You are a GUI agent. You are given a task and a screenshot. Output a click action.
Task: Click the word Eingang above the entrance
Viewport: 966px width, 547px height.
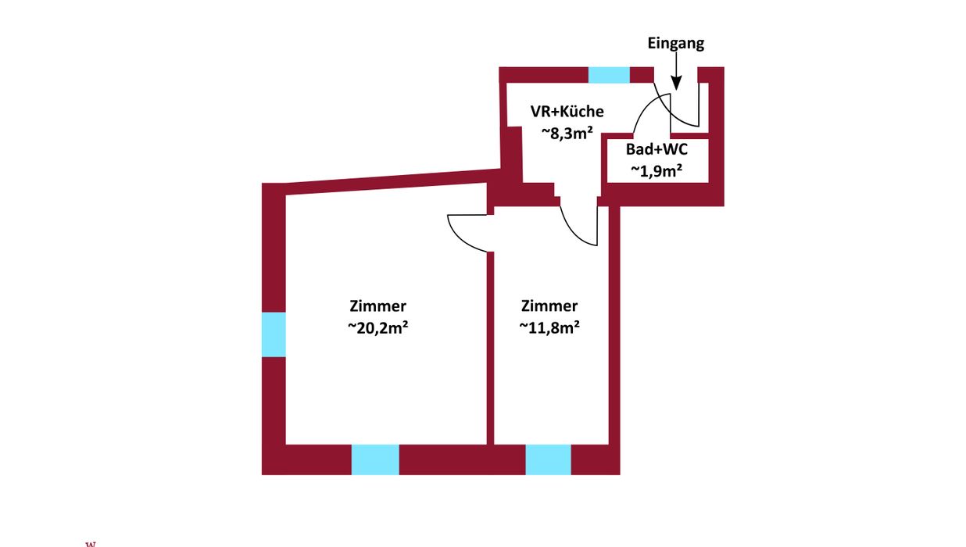[675, 44]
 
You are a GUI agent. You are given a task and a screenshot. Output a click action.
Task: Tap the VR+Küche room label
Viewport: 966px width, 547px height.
[567, 112]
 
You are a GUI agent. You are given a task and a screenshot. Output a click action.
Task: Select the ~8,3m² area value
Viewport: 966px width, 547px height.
[567, 133]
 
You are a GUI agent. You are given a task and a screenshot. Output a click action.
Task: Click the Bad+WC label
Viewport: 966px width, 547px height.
[657, 149]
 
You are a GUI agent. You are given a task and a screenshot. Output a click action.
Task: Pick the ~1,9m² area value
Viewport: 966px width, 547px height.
[657, 170]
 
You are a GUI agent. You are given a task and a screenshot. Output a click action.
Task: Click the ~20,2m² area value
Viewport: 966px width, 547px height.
[377, 329]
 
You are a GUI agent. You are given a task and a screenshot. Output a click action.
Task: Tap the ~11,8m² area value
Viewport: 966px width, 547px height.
[549, 329]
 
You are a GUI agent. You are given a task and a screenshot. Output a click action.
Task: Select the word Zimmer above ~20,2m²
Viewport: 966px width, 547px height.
[377, 306]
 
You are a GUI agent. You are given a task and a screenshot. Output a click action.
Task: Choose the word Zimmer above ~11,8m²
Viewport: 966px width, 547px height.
[549, 306]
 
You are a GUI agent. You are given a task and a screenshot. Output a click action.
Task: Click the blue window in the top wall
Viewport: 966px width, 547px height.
[608, 75]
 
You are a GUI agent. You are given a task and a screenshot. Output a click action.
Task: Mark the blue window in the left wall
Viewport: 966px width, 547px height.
[273, 334]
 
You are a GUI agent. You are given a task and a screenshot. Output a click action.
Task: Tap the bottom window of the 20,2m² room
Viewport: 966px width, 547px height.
[375, 459]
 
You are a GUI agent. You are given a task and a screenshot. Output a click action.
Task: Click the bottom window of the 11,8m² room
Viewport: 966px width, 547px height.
[548, 459]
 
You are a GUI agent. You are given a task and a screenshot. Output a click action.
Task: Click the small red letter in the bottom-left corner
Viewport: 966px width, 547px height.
[90, 542]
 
